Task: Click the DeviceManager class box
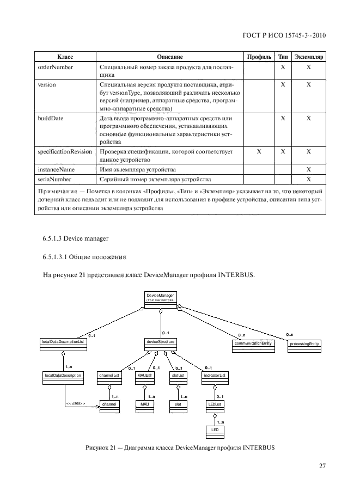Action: pos(160,298)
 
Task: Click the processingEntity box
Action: pos(304,345)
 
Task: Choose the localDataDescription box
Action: pos(63,376)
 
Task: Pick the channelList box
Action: pos(109,376)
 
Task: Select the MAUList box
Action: pos(144,376)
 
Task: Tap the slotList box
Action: pos(178,376)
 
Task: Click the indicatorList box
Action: pos(215,376)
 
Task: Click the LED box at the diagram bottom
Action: pos(215,430)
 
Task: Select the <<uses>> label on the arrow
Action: pos(76,403)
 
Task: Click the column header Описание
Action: pos(169,57)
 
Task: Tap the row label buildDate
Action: pos(50,118)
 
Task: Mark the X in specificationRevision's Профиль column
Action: pos(259,152)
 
